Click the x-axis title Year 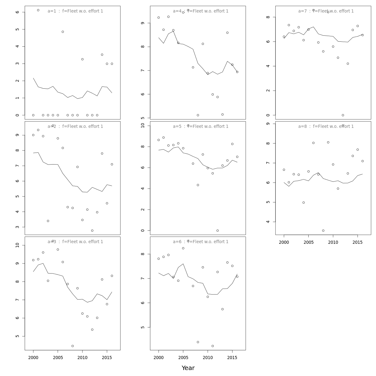pyautogui.click(x=188, y=368)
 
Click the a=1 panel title pyautogui.click(x=75, y=11)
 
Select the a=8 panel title pyautogui.click(x=326, y=127)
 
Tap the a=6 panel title pyautogui.click(x=201, y=242)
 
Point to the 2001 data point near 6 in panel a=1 pyautogui.click(x=38, y=10)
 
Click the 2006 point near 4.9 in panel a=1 pyautogui.click(x=63, y=32)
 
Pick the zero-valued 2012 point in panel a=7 pyautogui.click(x=343, y=115)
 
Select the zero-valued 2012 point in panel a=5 pyautogui.click(x=217, y=231)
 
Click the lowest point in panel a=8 pyautogui.click(x=323, y=231)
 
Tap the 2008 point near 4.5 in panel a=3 pyautogui.click(x=72, y=346)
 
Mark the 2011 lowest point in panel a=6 pyautogui.click(x=212, y=346)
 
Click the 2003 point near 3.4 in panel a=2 pyautogui.click(x=48, y=221)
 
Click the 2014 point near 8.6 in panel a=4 pyautogui.click(x=227, y=33)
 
